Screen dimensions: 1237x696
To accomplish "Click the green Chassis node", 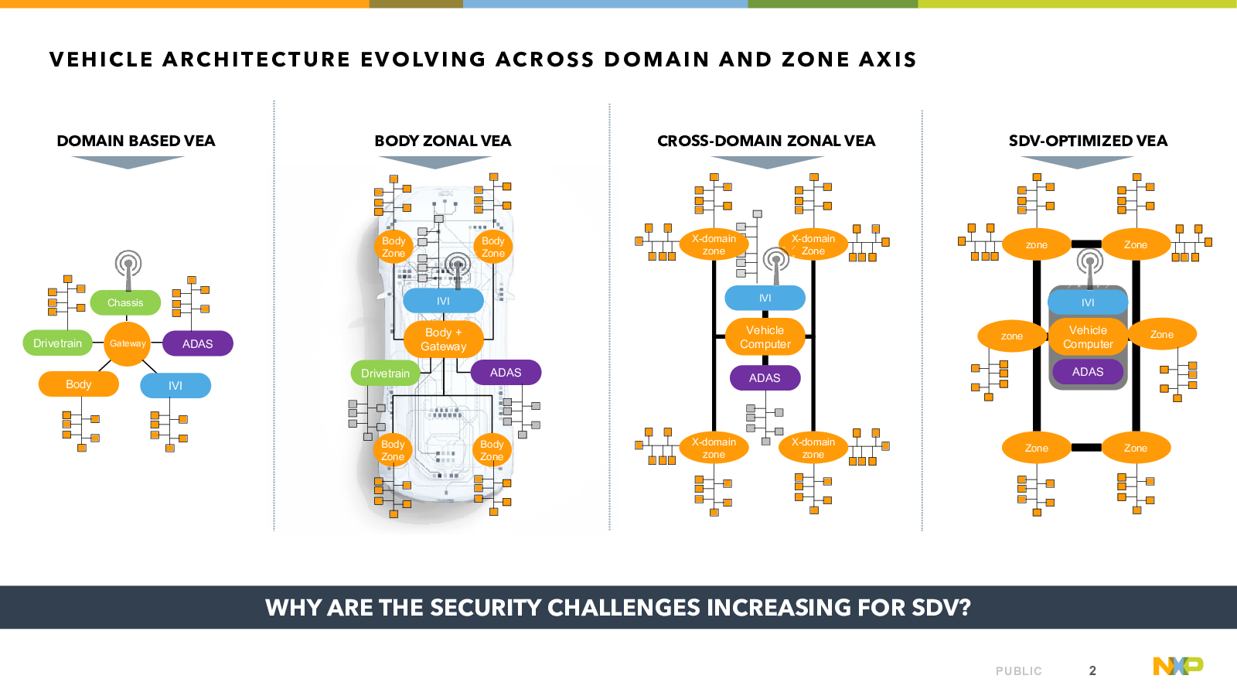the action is coord(125,302).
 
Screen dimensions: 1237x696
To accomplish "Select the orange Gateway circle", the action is coord(128,343).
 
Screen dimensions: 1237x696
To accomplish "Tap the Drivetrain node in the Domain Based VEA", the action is coord(57,343).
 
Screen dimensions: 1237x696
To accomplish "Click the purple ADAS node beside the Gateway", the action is coord(198,343).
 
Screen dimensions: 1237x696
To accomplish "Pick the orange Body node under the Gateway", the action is coord(78,384).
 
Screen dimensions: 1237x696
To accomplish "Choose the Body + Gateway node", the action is coord(444,339).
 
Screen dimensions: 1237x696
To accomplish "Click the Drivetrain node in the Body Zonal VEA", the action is coord(386,374).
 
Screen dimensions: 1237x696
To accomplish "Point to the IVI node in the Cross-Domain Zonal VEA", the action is coord(765,298).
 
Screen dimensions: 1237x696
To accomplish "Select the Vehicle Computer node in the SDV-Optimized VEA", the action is coord(1088,337).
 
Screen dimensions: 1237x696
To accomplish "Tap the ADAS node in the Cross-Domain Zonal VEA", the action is coord(765,378).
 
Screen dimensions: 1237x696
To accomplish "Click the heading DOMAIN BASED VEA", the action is coord(136,141).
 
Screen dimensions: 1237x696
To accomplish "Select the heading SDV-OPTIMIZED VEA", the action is coord(1088,141).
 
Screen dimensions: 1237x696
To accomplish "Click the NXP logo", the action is coord(1178,666).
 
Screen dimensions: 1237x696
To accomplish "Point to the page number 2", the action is coord(1092,670).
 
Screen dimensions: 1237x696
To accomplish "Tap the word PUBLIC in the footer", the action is coord(1019,671).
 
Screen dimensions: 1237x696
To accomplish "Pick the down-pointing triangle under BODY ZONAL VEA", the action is coord(435,162).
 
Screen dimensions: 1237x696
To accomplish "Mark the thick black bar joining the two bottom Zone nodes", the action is coord(1086,448).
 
